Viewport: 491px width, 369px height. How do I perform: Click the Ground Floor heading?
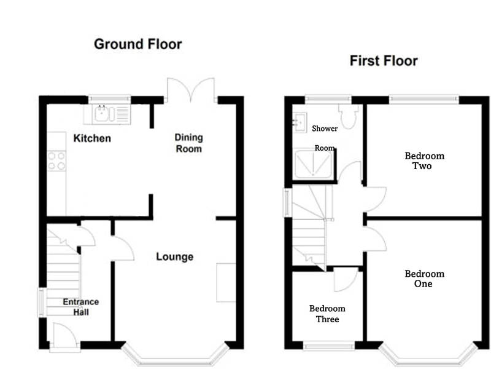pyautogui.click(x=137, y=44)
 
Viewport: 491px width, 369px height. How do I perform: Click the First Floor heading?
pyautogui.click(x=384, y=60)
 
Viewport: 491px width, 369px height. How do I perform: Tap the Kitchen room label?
pyautogui.click(x=92, y=138)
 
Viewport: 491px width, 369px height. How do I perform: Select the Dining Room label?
pyautogui.click(x=189, y=143)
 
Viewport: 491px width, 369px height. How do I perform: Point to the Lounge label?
pyautogui.click(x=174, y=257)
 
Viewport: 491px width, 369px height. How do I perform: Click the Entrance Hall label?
pyautogui.click(x=80, y=307)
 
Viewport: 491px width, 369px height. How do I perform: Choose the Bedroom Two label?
pyautogui.click(x=424, y=161)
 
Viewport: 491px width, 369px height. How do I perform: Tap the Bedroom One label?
pyautogui.click(x=424, y=279)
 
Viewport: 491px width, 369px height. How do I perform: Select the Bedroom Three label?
pyautogui.click(x=327, y=314)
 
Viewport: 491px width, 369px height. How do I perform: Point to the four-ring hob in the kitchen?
pyautogui.click(x=56, y=161)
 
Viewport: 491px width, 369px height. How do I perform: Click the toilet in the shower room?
pyautogui.click(x=349, y=117)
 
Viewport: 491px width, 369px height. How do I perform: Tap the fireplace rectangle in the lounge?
pyautogui.click(x=225, y=282)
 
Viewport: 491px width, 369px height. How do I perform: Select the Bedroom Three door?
pyautogui.click(x=345, y=280)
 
